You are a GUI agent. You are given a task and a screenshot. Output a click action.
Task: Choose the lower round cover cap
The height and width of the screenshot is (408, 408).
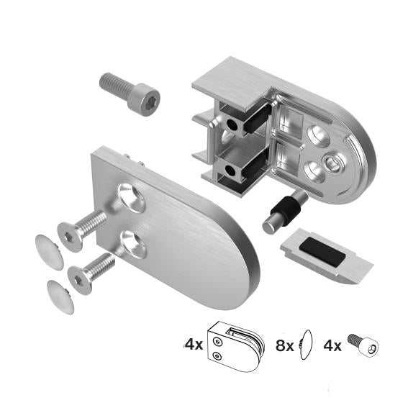point(60,293)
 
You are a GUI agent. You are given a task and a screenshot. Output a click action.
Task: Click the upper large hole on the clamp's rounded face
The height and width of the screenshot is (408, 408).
point(317,134)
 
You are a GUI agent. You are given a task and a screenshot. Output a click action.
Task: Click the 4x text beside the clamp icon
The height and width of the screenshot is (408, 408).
point(194,344)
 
